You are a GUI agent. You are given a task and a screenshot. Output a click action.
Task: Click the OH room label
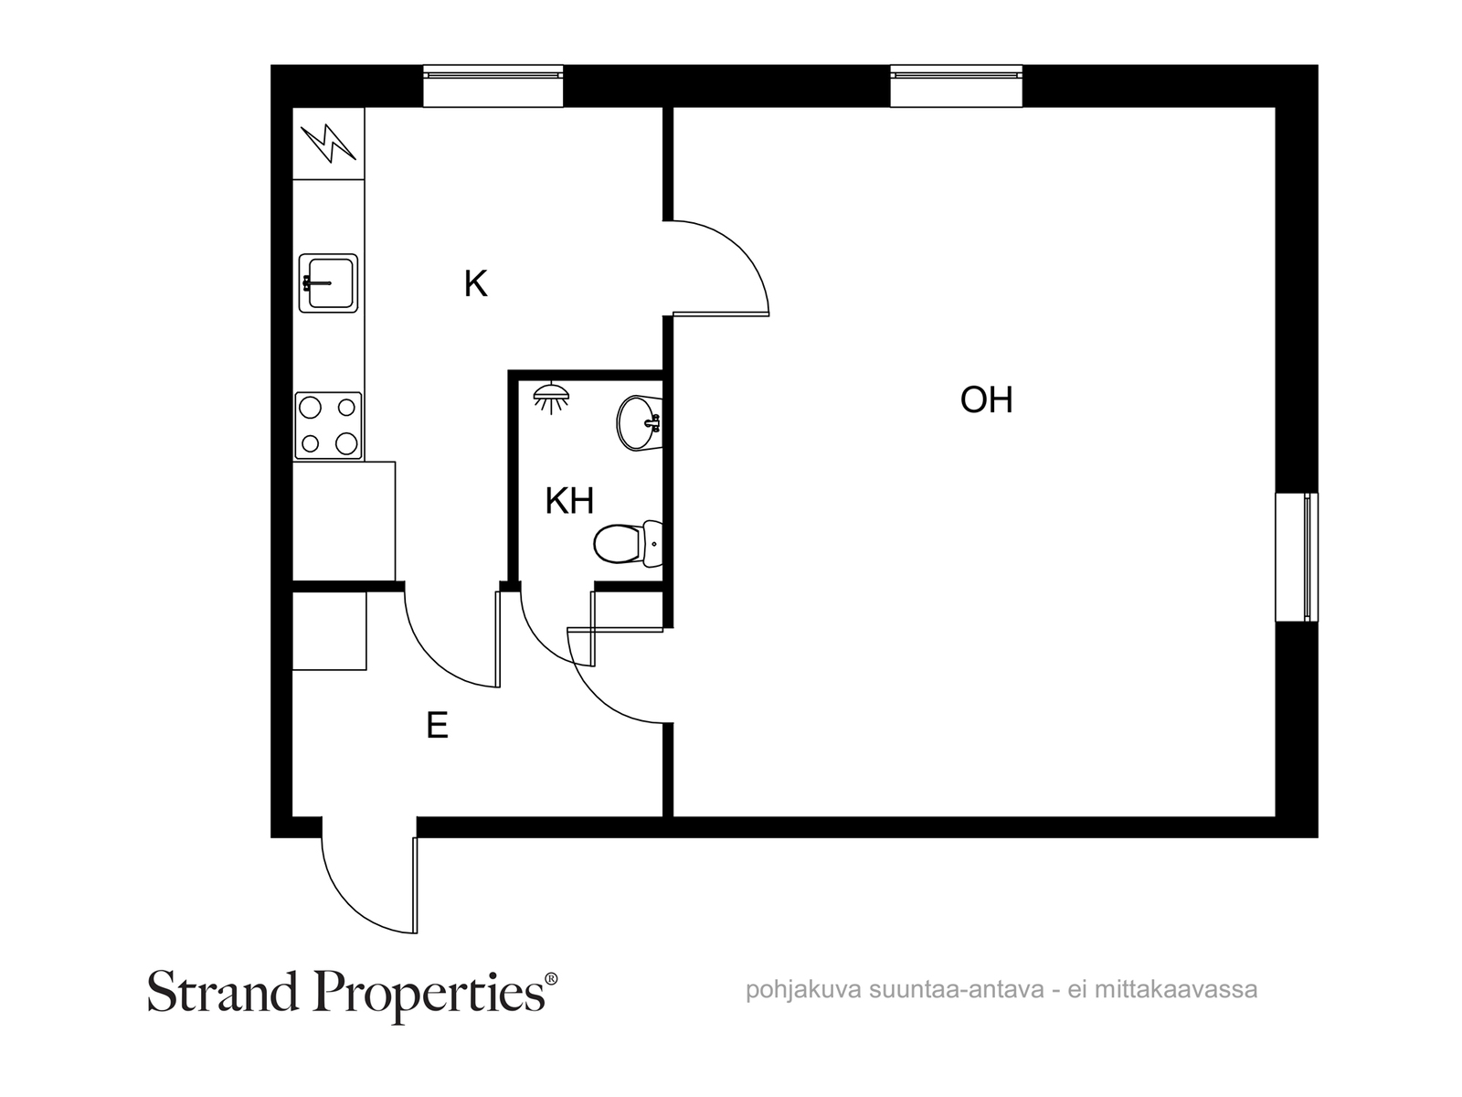pyautogui.click(x=986, y=400)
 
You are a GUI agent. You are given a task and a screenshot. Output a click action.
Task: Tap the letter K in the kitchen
pyautogui.click(x=475, y=283)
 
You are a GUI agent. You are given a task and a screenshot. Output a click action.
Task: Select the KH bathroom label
pyautogui.click(x=569, y=501)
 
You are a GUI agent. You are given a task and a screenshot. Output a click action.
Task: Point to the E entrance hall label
pyautogui.click(x=437, y=725)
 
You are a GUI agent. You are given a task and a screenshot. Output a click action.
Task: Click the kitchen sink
pyautogui.click(x=328, y=283)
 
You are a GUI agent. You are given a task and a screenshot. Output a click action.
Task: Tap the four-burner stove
pyautogui.click(x=328, y=426)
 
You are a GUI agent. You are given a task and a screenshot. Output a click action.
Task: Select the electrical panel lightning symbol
pyautogui.click(x=328, y=144)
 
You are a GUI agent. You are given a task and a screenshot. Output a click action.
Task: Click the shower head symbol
pyautogui.click(x=551, y=399)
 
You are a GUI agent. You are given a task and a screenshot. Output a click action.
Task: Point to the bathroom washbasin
pyautogui.click(x=640, y=423)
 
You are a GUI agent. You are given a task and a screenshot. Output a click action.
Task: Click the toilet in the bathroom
pyautogui.click(x=628, y=544)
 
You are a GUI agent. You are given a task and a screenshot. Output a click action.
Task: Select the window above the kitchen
pyautogui.click(x=493, y=86)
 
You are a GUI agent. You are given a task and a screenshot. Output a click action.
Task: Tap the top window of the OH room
pyautogui.click(x=956, y=86)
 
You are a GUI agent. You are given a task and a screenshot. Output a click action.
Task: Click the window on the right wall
pyautogui.click(x=1296, y=557)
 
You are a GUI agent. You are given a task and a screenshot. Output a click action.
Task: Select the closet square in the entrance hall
pyautogui.click(x=329, y=631)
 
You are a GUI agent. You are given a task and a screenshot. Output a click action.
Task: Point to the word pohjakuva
pyautogui.click(x=802, y=990)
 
